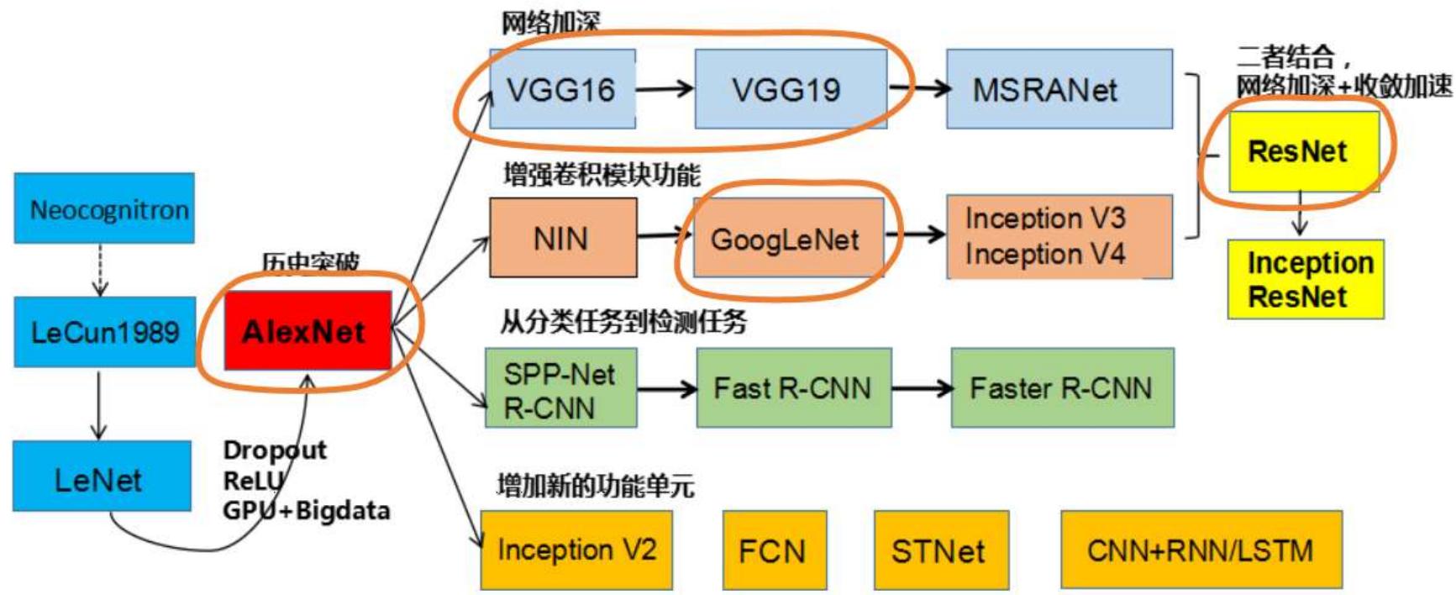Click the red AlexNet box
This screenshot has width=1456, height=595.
(x=307, y=330)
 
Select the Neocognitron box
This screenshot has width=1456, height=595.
(x=104, y=208)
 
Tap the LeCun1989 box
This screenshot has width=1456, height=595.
(x=104, y=331)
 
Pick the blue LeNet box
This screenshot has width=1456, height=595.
(x=102, y=477)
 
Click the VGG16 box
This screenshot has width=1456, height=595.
(x=562, y=89)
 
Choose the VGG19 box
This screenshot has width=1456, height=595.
(x=790, y=89)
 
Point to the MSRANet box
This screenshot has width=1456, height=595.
(x=1059, y=89)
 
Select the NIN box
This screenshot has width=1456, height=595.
(x=562, y=239)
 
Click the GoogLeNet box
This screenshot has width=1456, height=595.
(x=787, y=239)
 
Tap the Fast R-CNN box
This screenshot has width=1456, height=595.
(x=793, y=387)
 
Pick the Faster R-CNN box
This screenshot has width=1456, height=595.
(x=1062, y=387)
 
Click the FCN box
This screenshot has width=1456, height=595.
(x=774, y=550)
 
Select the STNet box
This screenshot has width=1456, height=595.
(x=940, y=550)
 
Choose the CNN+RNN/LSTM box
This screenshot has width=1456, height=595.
(x=1201, y=550)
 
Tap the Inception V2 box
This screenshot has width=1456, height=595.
(x=576, y=550)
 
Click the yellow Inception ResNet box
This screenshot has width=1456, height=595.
(x=1305, y=279)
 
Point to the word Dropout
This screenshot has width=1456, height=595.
(x=275, y=450)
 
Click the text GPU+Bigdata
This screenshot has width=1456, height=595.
(x=307, y=510)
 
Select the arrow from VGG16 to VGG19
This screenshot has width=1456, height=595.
(x=665, y=88)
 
